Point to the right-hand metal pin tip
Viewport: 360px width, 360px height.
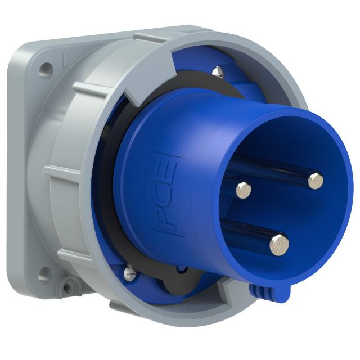coord(316,180)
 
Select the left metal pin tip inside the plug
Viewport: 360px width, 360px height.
coord(243,190)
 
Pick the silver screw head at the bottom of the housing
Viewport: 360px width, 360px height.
coord(130,274)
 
